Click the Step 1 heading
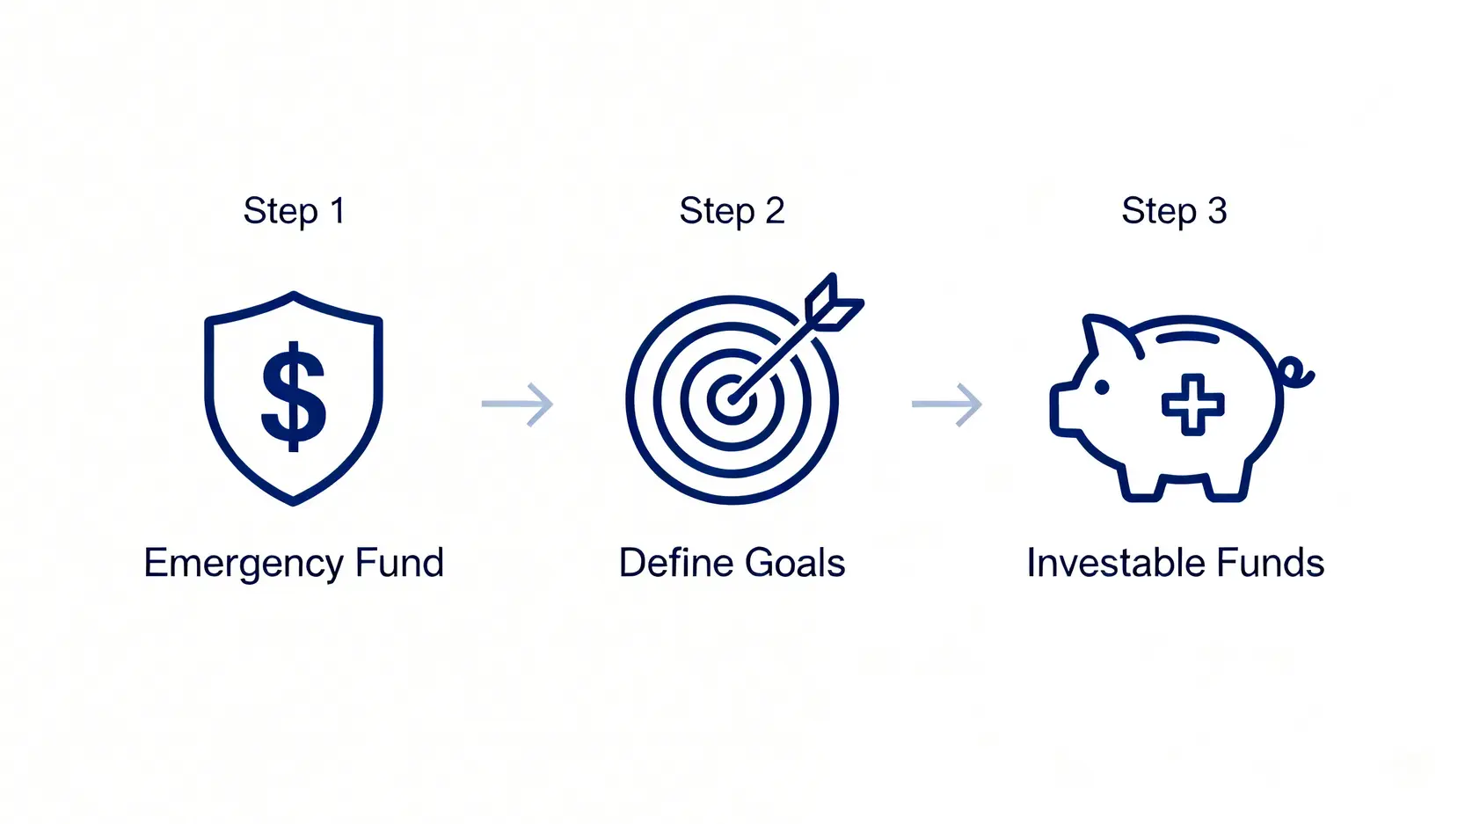(295, 211)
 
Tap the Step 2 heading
(732, 211)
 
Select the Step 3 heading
(1174, 211)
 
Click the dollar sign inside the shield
(294, 397)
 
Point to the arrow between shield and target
(517, 405)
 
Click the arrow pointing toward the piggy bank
(947, 405)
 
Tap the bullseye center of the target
(732, 398)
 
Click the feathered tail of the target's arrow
(834, 303)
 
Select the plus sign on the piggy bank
(1193, 405)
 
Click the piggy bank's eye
(1102, 387)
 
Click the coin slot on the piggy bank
(1188, 338)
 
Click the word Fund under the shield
(399, 563)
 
